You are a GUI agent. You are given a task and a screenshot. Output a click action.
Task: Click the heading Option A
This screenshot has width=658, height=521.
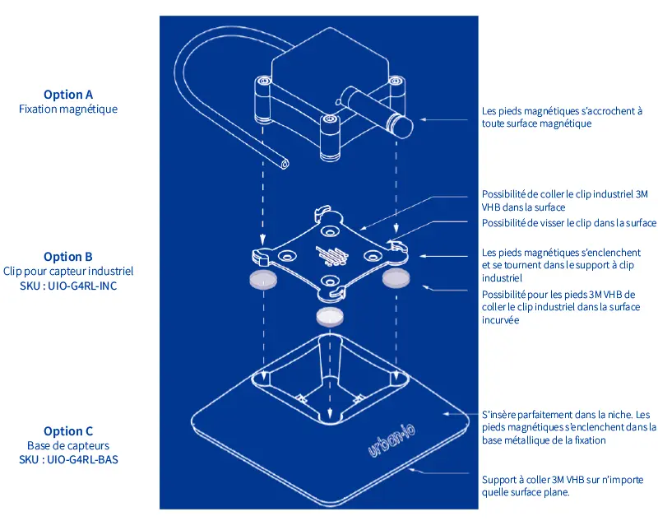click(x=68, y=95)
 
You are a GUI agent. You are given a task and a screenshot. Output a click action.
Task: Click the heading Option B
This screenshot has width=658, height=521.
click(x=68, y=257)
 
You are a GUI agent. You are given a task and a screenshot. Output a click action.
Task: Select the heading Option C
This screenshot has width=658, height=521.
click(x=68, y=431)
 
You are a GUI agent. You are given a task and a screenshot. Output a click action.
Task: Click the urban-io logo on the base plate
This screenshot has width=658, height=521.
click(x=392, y=440)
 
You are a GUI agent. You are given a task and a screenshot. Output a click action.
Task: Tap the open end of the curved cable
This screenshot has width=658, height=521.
click(x=285, y=164)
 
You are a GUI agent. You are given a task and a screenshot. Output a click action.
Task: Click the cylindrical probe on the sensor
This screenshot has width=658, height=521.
click(x=377, y=111)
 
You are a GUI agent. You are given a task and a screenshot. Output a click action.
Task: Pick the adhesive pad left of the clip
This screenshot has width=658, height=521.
click(x=263, y=280)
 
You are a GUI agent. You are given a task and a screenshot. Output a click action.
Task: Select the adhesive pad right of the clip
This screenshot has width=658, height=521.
click(x=396, y=279)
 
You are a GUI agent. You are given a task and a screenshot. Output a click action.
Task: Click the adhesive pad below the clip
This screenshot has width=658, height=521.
click(x=330, y=316)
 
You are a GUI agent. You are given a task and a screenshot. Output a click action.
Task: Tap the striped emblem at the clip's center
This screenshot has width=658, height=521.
click(x=331, y=256)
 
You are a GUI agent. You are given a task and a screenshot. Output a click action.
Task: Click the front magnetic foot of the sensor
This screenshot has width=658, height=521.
click(x=331, y=137)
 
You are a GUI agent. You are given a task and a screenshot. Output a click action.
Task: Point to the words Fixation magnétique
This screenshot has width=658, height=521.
click(x=68, y=109)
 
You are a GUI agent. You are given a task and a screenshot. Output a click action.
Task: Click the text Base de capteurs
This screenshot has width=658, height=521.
click(x=68, y=445)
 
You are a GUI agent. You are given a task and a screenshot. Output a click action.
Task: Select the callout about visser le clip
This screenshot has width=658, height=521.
click(x=568, y=223)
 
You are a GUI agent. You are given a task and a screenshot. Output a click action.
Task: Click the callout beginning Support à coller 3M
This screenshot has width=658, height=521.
click(x=563, y=486)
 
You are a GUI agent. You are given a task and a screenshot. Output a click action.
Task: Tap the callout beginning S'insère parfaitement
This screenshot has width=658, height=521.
click(x=568, y=427)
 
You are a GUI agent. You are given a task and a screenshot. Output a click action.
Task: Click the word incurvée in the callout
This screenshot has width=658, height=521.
click(x=500, y=320)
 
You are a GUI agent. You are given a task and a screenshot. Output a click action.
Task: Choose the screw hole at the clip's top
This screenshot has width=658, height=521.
click(x=329, y=231)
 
